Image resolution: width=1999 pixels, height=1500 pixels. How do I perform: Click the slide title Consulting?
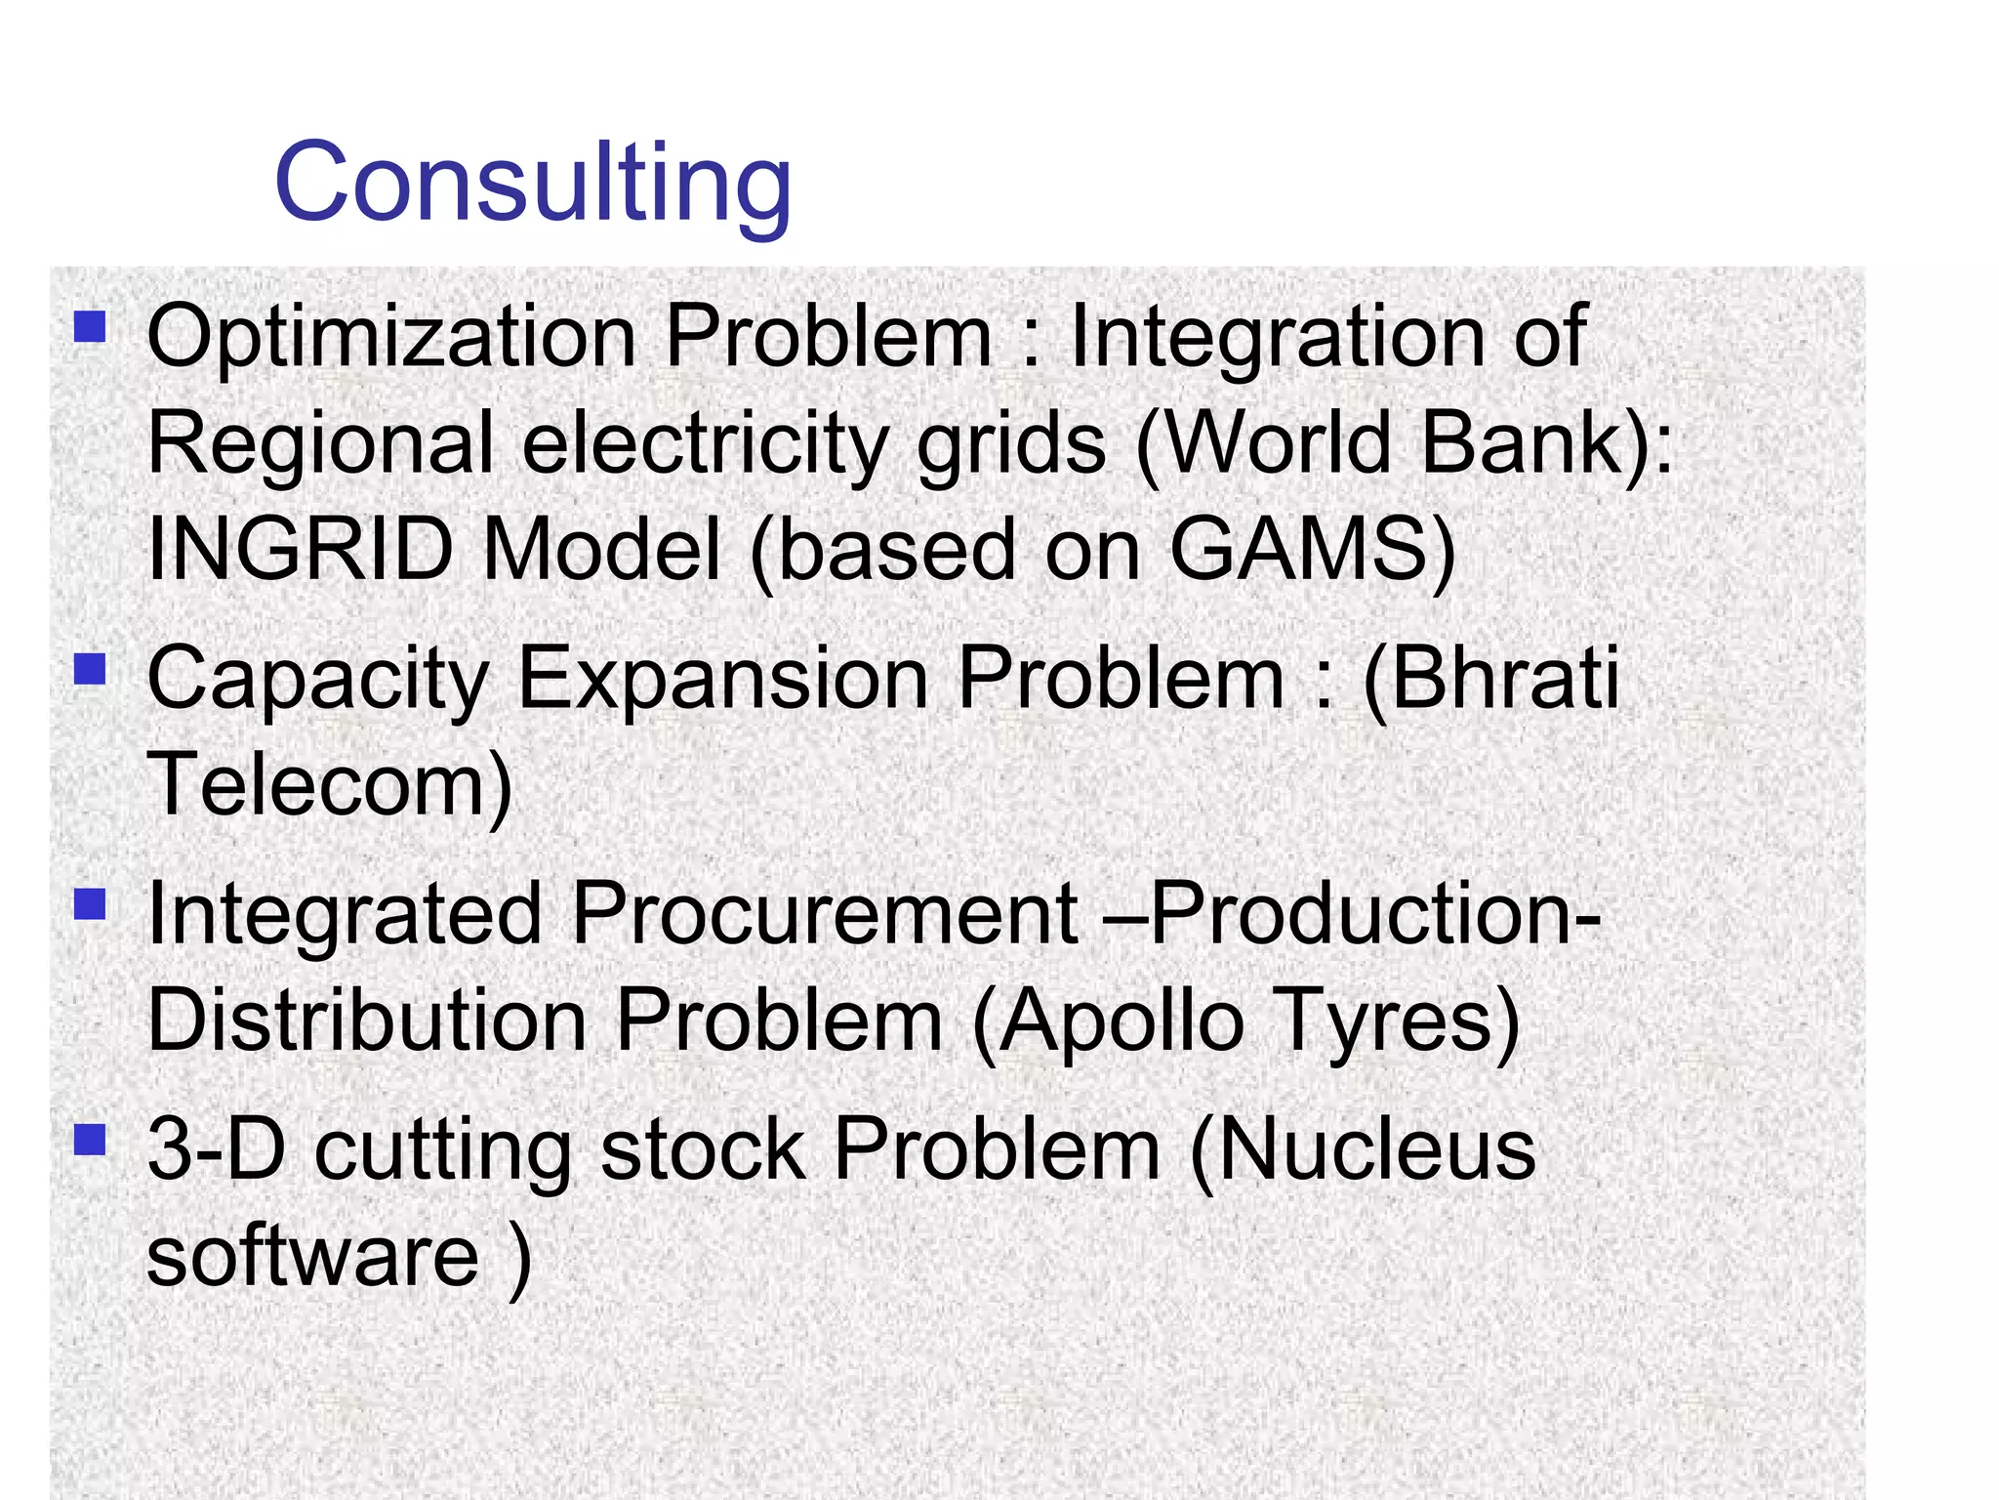(x=532, y=183)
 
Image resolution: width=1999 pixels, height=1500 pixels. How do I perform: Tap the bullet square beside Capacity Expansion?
(x=90, y=669)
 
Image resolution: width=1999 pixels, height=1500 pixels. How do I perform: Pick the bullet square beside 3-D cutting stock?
(x=90, y=1139)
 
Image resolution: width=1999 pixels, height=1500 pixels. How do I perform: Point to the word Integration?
(x=1279, y=338)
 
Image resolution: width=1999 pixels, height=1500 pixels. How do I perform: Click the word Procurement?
(x=825, y=915)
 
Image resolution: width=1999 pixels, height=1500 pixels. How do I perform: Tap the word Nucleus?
(x=1376, y=1150)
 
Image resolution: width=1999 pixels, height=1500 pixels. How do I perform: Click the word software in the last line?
(x=312, y=1257)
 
